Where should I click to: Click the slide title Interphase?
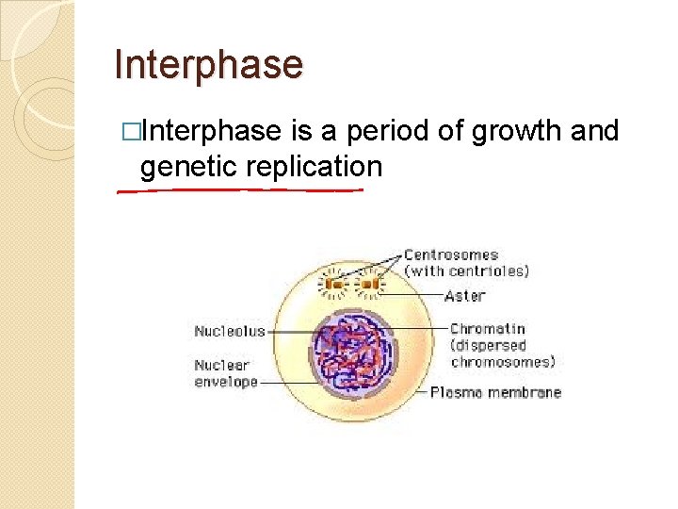tap(208, 65)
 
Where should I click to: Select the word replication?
tap(314, 168)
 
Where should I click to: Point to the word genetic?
tap(188, 168)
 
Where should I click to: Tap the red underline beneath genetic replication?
tap(240, 190)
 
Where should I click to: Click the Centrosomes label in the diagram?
tap(451, 254)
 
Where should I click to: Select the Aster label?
tap(465, 295)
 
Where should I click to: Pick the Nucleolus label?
tap(230, 331)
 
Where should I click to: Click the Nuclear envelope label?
tap(222, 373)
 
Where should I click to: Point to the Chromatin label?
tap(487, 329)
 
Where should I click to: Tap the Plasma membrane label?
tap(495, 392)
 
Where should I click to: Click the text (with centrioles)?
tap(466, 271)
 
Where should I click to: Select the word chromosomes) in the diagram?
tap(503, 361)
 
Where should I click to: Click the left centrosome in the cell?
tap(332, 282)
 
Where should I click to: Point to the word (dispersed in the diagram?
tap(488, 345)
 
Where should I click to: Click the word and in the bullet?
tap(594, 131)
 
